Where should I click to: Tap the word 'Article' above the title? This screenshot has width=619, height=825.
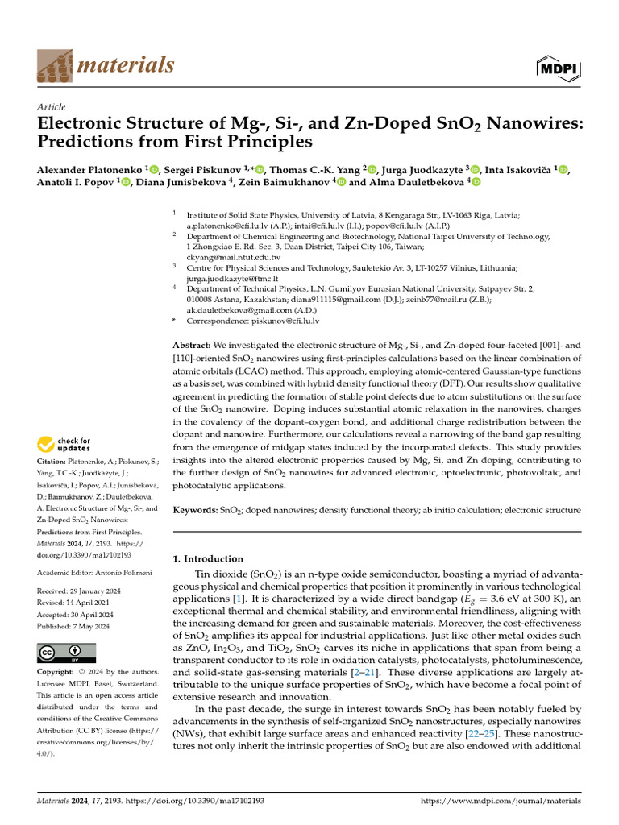coord(52,107)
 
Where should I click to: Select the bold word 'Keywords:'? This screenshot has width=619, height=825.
coord(196,510)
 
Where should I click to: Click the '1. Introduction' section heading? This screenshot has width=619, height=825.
coord(208,558)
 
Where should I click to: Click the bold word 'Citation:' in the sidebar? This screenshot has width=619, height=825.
coord(55,461)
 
